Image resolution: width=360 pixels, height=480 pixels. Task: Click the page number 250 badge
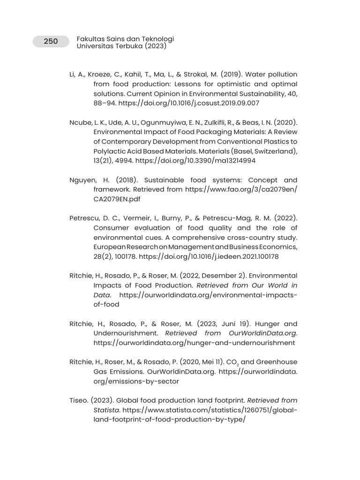pos(51,41)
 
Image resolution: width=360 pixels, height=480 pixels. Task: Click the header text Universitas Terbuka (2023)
pos(121,46)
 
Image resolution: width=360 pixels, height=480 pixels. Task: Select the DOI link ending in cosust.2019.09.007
pos(189,103)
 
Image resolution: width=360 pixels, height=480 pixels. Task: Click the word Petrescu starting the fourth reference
pos(84,218)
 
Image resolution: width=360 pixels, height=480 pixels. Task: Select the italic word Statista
pos(106,410)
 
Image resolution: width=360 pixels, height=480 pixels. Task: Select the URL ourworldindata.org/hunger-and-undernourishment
pos(194,343)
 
